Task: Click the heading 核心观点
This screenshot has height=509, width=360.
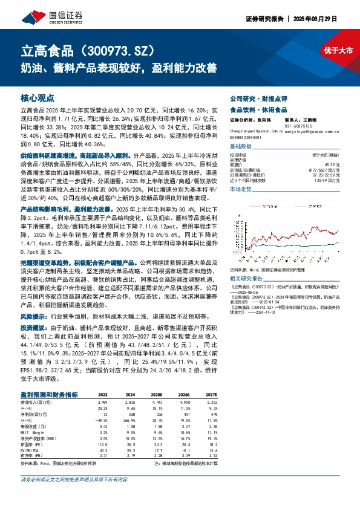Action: [38, 97]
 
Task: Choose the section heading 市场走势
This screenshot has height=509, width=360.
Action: [242, 189]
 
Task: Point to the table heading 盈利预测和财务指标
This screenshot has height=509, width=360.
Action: [50, 394]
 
